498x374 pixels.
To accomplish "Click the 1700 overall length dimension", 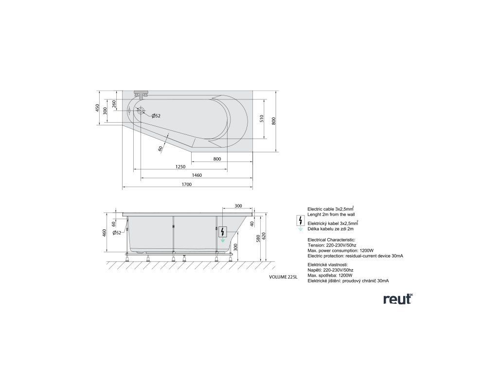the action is [x=186, y=185].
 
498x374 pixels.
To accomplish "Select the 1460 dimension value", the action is [x=197, y=175].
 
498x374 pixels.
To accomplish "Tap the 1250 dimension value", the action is [x=180, y=167].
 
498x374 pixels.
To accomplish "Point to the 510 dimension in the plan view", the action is [x=262, y=118].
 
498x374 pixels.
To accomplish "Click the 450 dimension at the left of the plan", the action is [x=97, y=108].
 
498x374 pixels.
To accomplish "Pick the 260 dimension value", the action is [x=114, y=104].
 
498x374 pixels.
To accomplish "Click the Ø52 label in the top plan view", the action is [x=156, y=116].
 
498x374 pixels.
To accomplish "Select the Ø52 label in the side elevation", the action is [x=117, y=233].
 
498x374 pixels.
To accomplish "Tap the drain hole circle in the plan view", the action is [x=141, y=111].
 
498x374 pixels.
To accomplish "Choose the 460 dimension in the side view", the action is [x=104, y=233].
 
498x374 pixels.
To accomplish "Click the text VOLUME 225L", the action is [x=283, y=277].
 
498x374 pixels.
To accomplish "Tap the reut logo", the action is [x=397, y=299].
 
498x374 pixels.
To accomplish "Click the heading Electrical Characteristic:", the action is [x=331, y=240].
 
